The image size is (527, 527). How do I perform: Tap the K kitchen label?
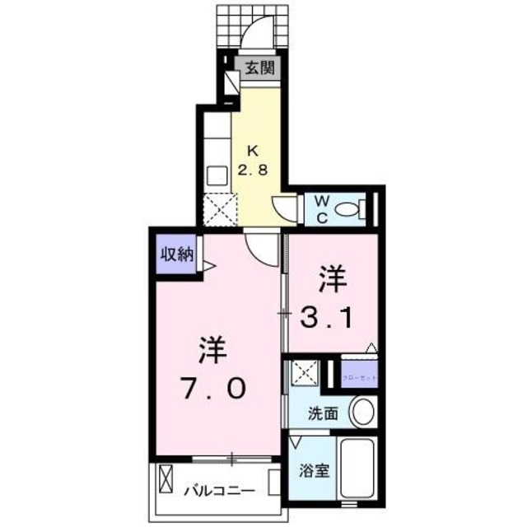(x=253, y=151)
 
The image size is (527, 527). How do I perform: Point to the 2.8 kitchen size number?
(x=253, y=170)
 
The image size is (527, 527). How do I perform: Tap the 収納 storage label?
(x=176, y=254)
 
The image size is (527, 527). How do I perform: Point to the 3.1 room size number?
(x=330, y=316)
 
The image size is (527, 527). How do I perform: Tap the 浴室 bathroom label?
(x=314, y=473)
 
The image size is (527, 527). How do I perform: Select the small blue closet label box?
(x=357, y=376)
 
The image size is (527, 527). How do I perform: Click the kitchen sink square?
(x=217, y=175)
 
